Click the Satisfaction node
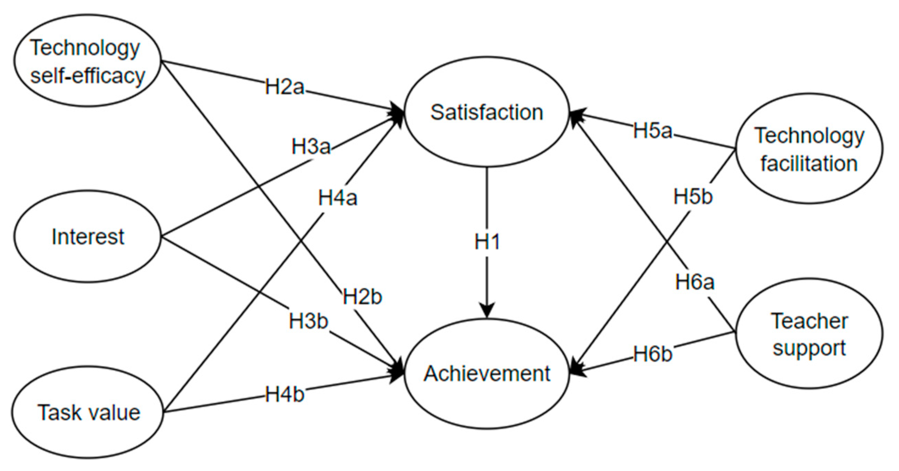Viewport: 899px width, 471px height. coord(486,113)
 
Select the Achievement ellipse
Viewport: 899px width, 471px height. coord(486,374)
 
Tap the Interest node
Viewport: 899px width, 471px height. coord(88,237)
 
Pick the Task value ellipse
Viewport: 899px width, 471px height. coord(88,412)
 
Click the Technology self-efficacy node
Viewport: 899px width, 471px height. coord(88,61)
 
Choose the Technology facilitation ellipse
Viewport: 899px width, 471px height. coord(809,149)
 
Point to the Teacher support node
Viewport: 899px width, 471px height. coord(809,334)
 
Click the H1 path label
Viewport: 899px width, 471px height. coord(487,242)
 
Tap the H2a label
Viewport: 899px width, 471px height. coord(284,87)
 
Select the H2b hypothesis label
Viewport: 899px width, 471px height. coord(362,297)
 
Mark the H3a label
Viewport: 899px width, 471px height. coord(311,147)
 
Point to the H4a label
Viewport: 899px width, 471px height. coord(338,198)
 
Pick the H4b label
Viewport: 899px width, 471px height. coord(284,395)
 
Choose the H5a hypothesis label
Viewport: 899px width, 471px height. coord(652,131)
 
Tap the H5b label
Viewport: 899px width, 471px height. coord(693,196)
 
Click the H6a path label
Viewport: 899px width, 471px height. coord(695,282)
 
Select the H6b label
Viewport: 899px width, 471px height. coord(652,354)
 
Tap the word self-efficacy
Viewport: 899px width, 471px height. coord(88,76)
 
